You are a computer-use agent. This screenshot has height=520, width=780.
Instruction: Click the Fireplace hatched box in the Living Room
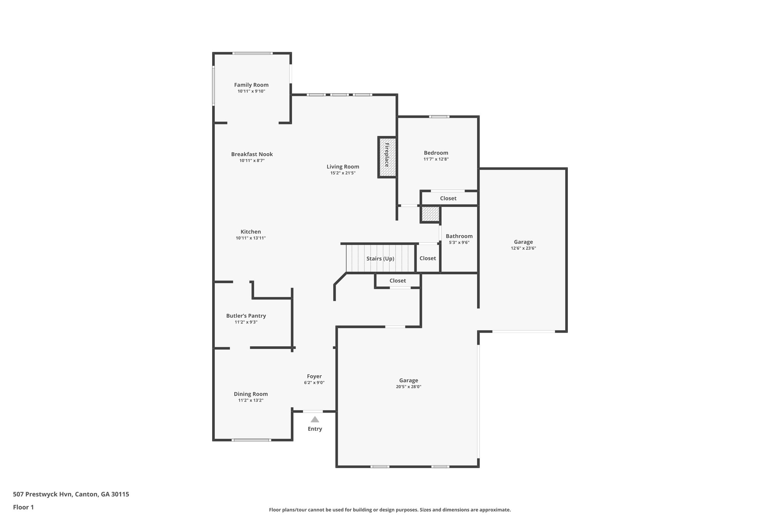(x=387, y=157)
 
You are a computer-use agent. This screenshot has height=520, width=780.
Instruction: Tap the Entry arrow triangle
(x=315, y=419)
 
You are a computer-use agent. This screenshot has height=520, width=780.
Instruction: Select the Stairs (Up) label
(x=380, y=259)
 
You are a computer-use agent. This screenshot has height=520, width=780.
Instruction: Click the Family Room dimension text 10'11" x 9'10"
(x=251, y=91)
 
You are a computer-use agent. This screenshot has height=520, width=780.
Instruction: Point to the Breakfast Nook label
(x=252, y=154)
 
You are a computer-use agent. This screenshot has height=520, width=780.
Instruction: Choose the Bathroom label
(x=459, y=236)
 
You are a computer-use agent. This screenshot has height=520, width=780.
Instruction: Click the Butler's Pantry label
(x=246, y=316)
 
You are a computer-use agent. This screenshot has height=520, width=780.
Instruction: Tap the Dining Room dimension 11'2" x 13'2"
(x=251, y=400)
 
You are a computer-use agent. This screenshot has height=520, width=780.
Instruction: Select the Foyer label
(x=314, y=376)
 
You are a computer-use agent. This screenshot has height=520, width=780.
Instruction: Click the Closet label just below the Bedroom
(x=448, y=198)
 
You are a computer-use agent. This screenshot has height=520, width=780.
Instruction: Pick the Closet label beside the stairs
(x=428, y=258)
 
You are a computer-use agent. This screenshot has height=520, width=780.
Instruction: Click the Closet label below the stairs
(x=398, y=281)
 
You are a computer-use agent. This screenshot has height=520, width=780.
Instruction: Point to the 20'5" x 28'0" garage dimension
(x=408, y=387)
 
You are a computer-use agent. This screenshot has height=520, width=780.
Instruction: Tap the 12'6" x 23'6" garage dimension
(x=523, y=248)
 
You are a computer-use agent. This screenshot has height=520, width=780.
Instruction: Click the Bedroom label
(x=436, y=153)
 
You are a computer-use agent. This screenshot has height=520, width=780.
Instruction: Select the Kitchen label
(x=251, y=232)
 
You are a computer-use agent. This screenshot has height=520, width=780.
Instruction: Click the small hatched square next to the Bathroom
(x=430, y=214)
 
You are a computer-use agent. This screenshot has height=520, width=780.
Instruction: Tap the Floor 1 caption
(x=23, y=507)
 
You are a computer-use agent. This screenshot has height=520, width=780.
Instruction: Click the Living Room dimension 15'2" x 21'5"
(x=343, y=173)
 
